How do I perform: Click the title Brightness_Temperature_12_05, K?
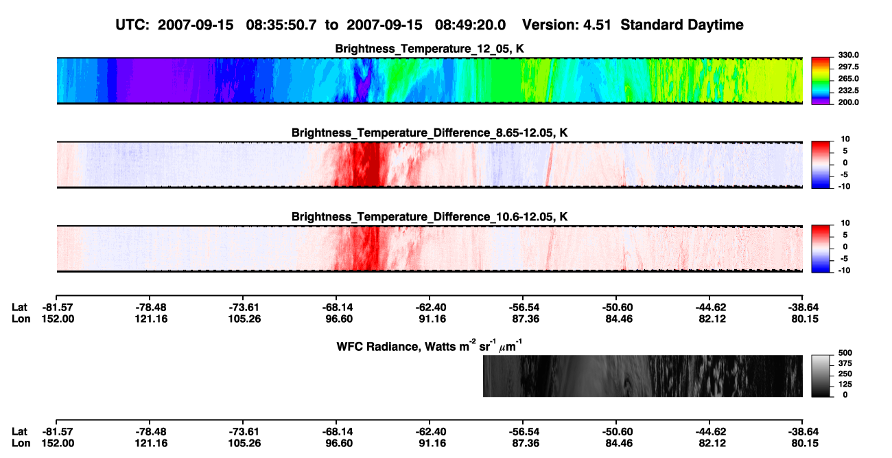[x=430, y=49]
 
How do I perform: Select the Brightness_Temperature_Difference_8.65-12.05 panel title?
[x=430, y=133]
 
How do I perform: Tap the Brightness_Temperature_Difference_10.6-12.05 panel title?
[x=430, y=217]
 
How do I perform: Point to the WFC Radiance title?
[x=430, y=346]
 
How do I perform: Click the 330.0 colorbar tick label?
[x=848, y=55]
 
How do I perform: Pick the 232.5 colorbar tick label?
[x=848, y=91]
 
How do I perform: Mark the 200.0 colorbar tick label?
[x=848, y=102]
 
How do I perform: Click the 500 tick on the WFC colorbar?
[x=845, y=353]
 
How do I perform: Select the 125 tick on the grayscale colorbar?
[x=845, y=385]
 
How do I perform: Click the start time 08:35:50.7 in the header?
[x=281, y=25]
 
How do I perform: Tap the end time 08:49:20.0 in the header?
[x=470, y=25]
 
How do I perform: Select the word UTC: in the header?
[x=132, y=25]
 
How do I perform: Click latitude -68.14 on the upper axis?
[x=336, y=308]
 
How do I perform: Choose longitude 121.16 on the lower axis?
[x=151, y=444]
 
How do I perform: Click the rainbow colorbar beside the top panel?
[x=821, y=81]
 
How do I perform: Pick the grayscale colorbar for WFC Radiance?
[x=821, y=376]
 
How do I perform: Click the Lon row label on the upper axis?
[x=21, y=319]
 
